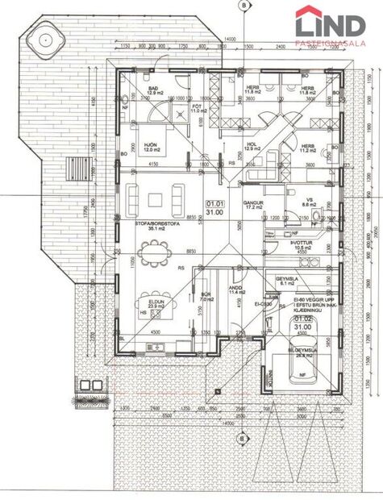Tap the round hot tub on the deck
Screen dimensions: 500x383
(43, 37)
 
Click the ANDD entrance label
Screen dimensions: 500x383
(236, 288)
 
